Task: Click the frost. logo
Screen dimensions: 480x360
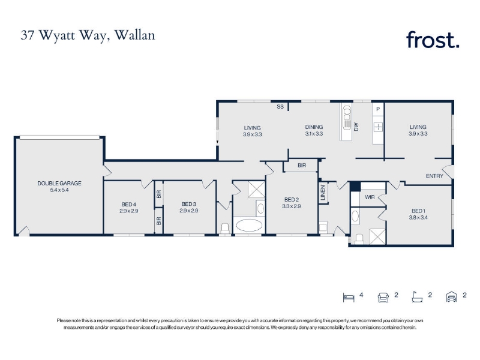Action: pyautogui.click(x=433, y=40)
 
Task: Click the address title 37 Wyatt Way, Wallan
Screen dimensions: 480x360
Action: pyautogui.click(x=88, y=35)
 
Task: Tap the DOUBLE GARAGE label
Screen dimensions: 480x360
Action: pyautogui.click(x=59, y=184)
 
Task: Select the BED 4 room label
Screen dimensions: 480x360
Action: pyautogui.click(x=129, y=204)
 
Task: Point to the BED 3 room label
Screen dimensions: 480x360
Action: pyautogui.click(x=189, y=204)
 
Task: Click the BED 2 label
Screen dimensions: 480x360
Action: pyautogui.click(x=292, y=200)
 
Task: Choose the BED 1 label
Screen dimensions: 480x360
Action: pyautogui.click(x=418, y=211)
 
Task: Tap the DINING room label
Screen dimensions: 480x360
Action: pyautogui.click(x=314, y=127)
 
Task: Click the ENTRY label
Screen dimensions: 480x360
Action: pyautogui.click(x=434, y=176)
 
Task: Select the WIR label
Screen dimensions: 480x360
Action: pyautogui.click(x=370, y=197)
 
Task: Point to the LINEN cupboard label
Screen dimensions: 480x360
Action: pyautogui.click(x=323, y=193)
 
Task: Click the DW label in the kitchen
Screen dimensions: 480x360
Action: pyautogui.click(x=356, y=127)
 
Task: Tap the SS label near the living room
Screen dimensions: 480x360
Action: pyautogui.click(x=280, y=107)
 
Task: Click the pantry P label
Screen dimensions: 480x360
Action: pyautogui.click(x=378, y=109)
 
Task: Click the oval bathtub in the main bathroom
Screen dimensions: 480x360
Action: pyautogui.click(x=249, y=226)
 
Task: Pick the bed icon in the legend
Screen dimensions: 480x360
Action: pyautogui.click(x=349, y=297)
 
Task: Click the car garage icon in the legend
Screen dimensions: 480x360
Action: pyautogui.click(x=452, y=297)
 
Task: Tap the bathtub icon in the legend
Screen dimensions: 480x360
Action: pyautogui.click(x=417, y=297)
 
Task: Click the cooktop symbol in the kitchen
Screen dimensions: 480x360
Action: pyautogui.click(x=378, y=127)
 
